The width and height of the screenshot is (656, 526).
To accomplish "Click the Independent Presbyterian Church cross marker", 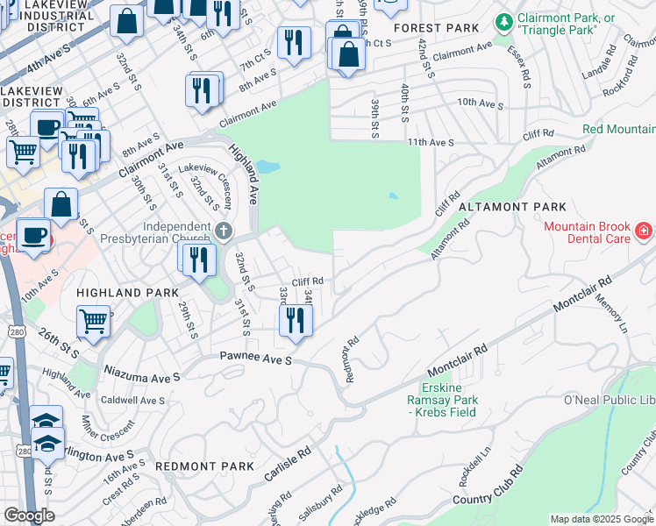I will pos(225,231).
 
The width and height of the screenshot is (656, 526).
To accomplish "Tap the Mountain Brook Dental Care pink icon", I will pos(644,231).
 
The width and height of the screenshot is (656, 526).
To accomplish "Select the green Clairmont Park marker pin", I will pos(503,21).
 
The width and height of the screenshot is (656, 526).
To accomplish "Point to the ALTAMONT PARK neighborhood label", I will pos(517,207).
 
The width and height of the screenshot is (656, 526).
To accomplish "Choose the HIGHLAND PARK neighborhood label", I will pos(127,292).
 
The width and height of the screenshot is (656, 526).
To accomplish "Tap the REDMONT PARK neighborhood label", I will pos(192,467).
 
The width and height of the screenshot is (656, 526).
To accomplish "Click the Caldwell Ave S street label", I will pos(132,401).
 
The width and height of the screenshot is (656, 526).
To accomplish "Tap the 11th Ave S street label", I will pos(430,142).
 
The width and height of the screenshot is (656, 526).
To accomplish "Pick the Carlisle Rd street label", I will pos(288,466).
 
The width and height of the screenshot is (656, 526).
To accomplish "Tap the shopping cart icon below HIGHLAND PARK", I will pos(92,320).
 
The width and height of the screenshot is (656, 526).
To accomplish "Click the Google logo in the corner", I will pos(29,515).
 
